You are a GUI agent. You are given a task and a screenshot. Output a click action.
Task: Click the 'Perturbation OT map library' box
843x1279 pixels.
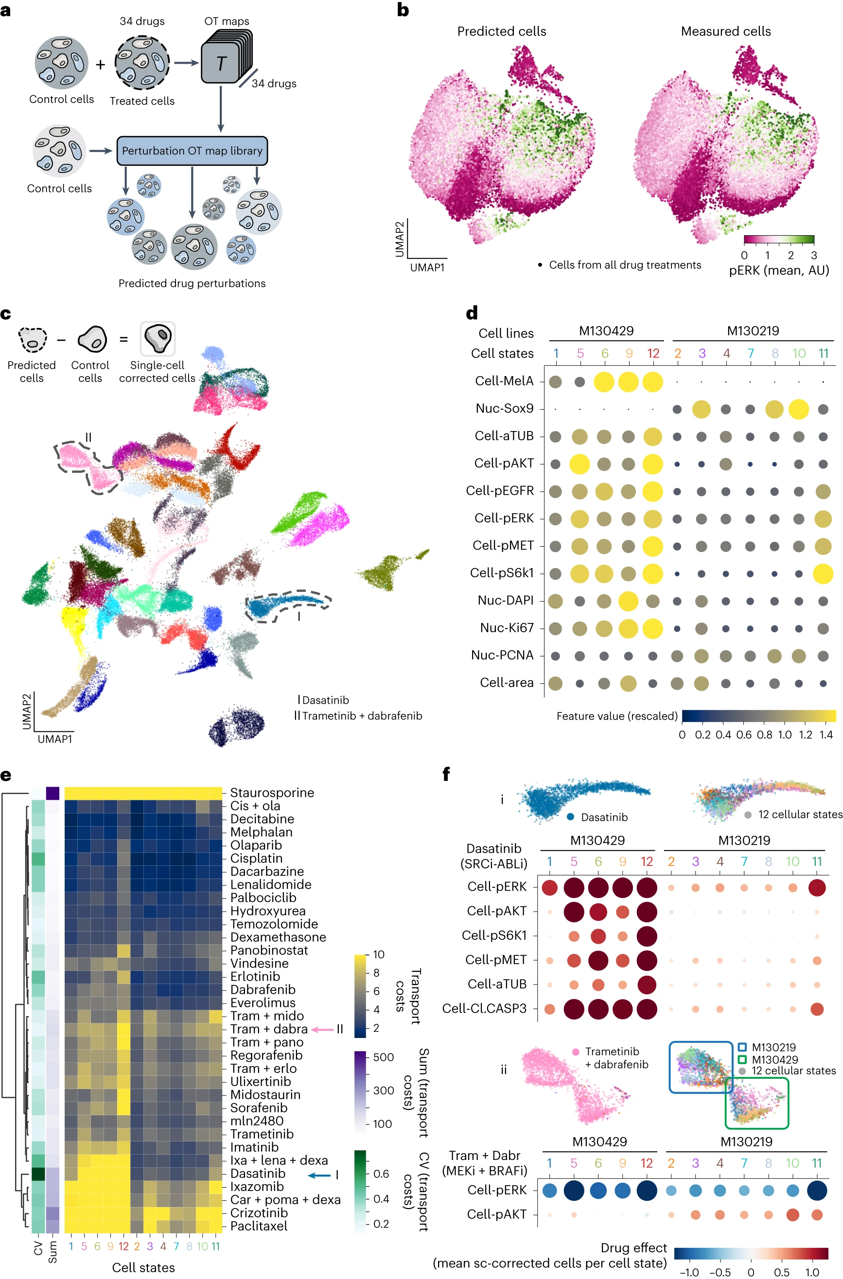192,151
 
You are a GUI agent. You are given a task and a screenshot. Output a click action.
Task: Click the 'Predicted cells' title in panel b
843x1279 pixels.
501,31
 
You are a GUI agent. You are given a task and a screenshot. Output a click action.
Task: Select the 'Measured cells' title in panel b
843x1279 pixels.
725,31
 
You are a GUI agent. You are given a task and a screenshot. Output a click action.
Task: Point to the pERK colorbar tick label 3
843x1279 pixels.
813,255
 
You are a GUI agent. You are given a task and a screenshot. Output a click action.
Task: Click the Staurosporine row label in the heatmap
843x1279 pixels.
271,793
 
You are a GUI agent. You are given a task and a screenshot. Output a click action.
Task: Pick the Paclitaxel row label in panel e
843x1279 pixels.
259,1226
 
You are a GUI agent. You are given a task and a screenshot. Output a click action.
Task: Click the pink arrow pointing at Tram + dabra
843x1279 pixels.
322,1030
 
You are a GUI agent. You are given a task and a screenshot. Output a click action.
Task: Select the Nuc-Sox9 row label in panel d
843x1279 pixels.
504,408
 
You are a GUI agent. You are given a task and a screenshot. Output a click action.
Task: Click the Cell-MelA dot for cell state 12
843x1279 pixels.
653,382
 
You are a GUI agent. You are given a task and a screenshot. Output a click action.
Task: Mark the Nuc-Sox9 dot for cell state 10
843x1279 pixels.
798,410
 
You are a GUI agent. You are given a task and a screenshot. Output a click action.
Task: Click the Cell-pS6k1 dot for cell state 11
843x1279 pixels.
823,574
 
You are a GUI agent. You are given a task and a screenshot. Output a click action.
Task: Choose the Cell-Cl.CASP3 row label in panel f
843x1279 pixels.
484,1009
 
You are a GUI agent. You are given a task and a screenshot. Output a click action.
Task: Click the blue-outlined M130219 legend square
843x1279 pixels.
742,1047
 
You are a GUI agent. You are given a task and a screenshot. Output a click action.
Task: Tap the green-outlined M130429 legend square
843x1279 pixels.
742,1059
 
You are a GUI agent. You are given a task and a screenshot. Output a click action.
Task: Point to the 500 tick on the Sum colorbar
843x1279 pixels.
383,1057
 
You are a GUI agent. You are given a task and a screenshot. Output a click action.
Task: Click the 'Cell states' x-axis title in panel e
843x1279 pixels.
143,1267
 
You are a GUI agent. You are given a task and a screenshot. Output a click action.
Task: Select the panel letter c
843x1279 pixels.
6,314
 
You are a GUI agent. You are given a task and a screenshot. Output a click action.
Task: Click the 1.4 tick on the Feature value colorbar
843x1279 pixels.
826,735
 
